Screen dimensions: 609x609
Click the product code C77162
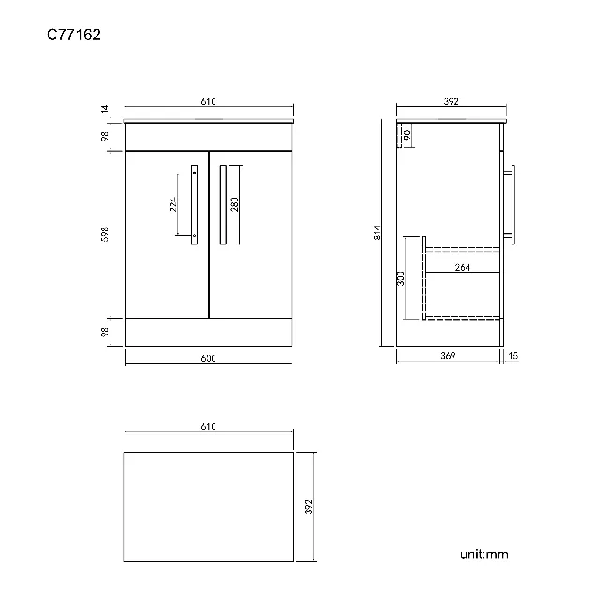74,36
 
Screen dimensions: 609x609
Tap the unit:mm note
483,555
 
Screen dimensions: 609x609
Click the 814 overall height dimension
376,234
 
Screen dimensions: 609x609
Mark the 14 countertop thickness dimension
106,110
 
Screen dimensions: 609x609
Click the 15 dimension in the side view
513,356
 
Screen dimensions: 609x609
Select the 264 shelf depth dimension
462,266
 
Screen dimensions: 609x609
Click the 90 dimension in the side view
408,135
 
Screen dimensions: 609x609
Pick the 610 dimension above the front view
208,103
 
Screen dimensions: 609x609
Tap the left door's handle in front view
194,203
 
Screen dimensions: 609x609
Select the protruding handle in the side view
512,201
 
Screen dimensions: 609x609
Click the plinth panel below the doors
208,332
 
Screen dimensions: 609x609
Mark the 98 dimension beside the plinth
106,331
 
